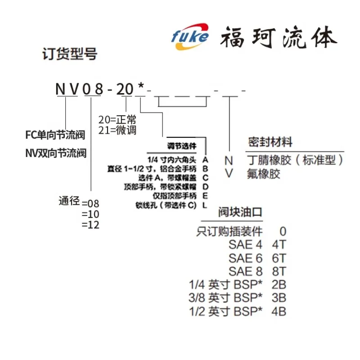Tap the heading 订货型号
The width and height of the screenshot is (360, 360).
[69, 54]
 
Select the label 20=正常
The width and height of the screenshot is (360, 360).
[117, 120]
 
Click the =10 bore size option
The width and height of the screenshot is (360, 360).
[90, 214]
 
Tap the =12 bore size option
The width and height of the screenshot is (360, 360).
[90, 225]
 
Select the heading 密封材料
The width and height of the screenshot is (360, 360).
[270, 143]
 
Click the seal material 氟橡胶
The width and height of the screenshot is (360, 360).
[263, 174]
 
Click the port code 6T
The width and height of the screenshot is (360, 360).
[279, 258]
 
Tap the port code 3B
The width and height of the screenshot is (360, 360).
[279, 297]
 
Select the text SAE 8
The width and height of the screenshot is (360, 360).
[245, 271]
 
